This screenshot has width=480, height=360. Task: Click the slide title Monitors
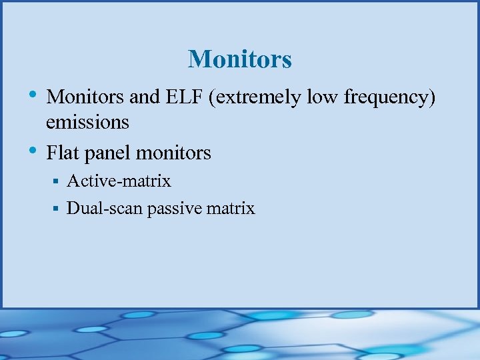[x=239, y=59]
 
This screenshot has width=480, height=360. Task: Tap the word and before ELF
[x=144, y=97]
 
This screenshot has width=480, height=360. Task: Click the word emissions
[x=87, y=122]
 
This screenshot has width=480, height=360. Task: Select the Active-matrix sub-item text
[x=119, y=181]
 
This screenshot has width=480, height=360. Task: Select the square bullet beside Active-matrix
[x=57, y=181]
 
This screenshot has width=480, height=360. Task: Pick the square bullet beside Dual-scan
[x=57, y=209]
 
